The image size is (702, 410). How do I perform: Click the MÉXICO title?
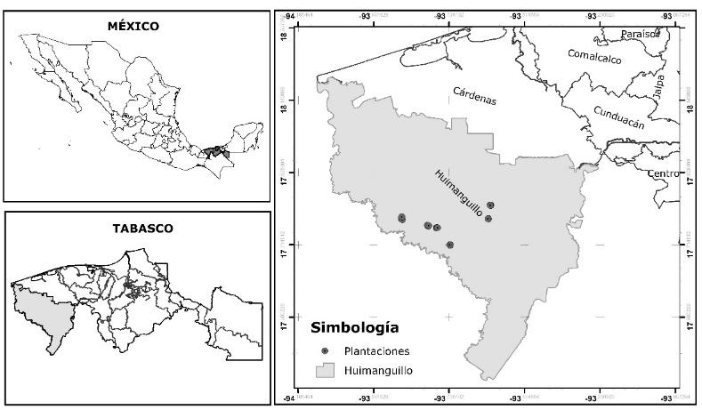click(x=133, y=26)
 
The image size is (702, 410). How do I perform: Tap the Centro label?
click(x=663, y=172)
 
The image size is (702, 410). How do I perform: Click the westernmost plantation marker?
click(x=401, y=218)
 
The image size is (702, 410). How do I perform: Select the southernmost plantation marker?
click(x=450, y=245)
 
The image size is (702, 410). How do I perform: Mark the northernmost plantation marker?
click(x=490, y=205)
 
